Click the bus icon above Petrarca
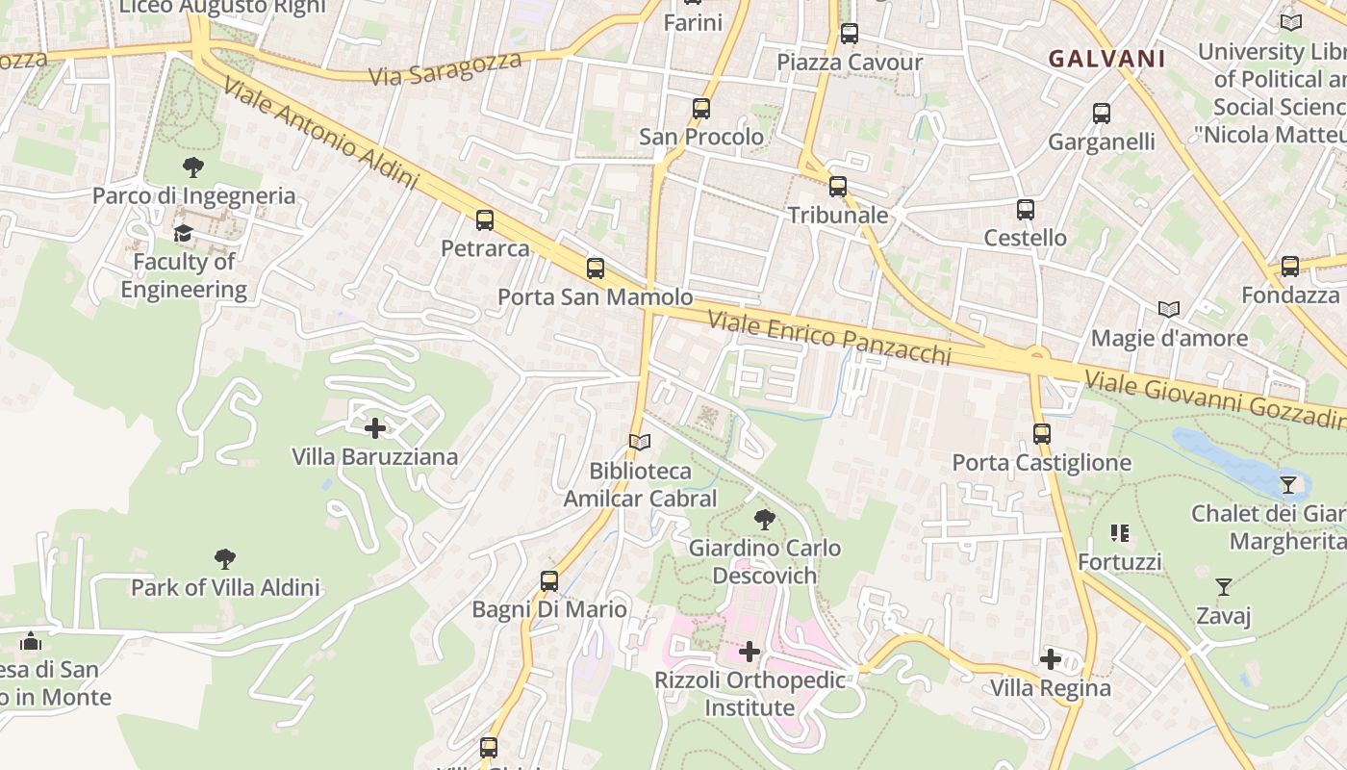pos(485,220)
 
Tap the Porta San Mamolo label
pos(595,296)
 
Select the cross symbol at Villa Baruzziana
pos(375,428)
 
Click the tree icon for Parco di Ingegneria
pos(193,167)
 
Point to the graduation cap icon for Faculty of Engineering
pos(183,234)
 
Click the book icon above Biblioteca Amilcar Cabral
pos(640,443)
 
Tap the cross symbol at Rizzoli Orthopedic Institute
pos(750,652)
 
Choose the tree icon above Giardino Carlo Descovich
pos(765,520)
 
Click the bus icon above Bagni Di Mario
pos(549,581)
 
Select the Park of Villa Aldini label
pos(225,587)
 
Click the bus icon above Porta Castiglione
pos(1042,434)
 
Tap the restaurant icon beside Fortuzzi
pos(1119,533)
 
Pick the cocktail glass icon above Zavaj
pos(1223,586)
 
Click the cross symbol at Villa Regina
pos(1051,659)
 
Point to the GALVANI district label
pos(1106,59)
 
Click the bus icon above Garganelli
pos(1102,114)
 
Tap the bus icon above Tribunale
pos(838,187)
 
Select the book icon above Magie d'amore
pos(1169,310)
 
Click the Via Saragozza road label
pos(445,68)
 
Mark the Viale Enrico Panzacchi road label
pos(829,338)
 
